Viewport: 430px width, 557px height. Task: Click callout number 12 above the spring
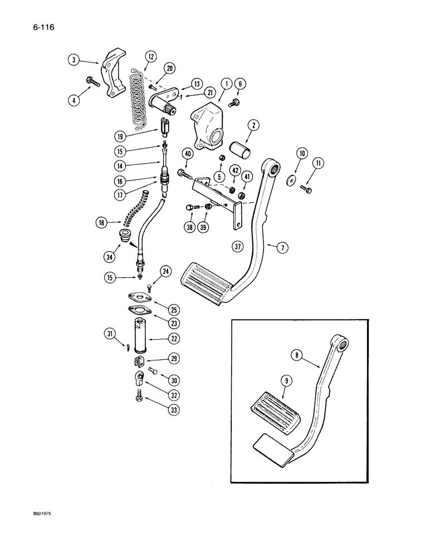coord(150,56)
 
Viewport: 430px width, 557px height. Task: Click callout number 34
coord(110,257)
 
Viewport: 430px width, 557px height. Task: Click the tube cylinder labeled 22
coord(140,336)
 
